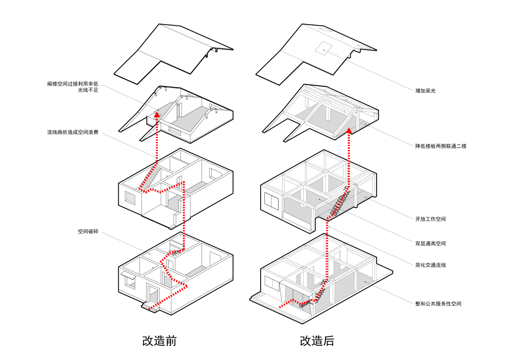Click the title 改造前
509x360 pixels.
click(x=159, y=341)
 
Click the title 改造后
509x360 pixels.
click(x=317, y=341)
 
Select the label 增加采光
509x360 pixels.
click(x=425, y=90)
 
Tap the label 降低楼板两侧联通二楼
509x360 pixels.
click(x=441, y=146)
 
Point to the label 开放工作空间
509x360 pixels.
click(x=430, y=219)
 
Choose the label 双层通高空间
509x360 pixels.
click(x=430, y=244)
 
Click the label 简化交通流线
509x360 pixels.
click(x=430, y=265)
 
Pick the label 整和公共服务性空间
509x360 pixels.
click(x=438, y=303)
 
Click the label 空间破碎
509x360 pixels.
click(x=88, y=231)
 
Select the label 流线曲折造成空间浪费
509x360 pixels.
click(x=73, y=132)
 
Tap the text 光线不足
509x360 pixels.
click(x=88, y=90)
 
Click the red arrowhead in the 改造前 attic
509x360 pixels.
click(x=157, y=114)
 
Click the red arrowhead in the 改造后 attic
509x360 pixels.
click(x=349, y=131)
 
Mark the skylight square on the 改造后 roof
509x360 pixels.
click(x=324, y=49)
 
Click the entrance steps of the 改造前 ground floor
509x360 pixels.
click(x=149, y=306)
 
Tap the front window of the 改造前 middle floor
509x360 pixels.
click(x=130, y=198)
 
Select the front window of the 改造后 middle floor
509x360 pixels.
click(x=272, y=201)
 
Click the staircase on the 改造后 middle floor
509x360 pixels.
click(x=341, y=202)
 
